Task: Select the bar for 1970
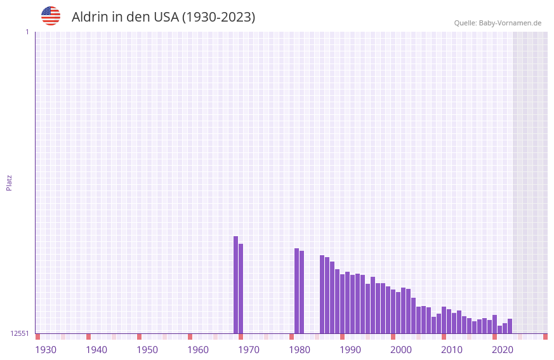(241, 288)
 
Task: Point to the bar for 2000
(393, 311)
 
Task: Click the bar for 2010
(444, 320)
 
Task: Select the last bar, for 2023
(510, 326)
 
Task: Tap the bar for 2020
(494, 324)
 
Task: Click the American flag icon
(51, 17)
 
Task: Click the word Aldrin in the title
(90, 17)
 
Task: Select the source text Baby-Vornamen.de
(510, 23)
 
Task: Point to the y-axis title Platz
(9, 182)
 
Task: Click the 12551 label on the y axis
(20, 333)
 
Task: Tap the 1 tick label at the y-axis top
(27, 32)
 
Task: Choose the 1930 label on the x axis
(46, 350)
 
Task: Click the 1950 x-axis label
(147, 350)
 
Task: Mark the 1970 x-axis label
(249, 350)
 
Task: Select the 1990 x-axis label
(350, 350)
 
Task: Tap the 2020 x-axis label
(503, 350)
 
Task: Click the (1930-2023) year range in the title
(218, 17)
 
